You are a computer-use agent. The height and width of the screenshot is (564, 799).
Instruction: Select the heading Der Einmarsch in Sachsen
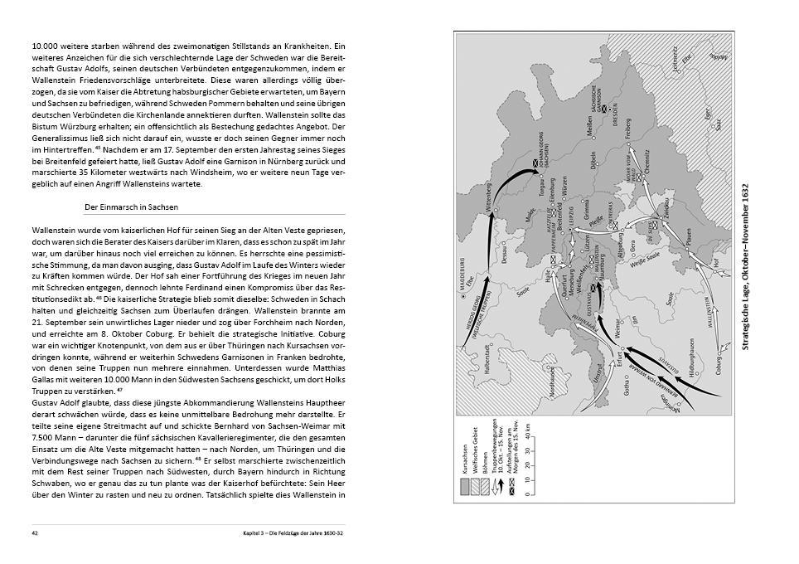click(x=132, y=206)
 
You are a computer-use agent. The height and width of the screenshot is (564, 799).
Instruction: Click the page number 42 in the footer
click(x=35, y=532)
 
